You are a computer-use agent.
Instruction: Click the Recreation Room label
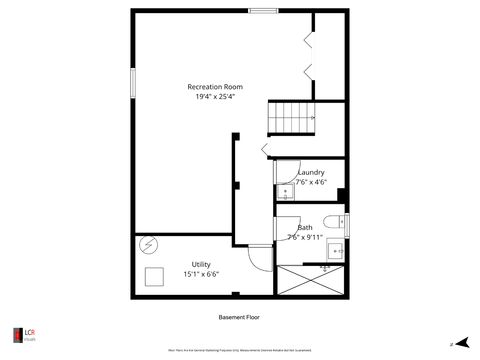pyautogui.click(x=215, y=87)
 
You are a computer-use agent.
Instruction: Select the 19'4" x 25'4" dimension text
pyautogui.click(x=215, y=97)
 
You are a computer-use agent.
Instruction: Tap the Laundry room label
pyautogui.click(x=311, y=172)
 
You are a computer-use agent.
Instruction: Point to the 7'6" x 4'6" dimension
pyautogui.click(x=311, y=182)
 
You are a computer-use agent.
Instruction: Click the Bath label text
pyautogui.click(x=305, y=227)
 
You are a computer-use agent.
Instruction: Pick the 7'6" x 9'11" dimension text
pyautogui.click(x=305, y=237)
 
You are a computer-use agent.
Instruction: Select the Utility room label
pyautogui.click(x=201, y=264)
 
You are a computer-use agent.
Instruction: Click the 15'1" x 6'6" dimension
pyautogui.click(x=201, y=274)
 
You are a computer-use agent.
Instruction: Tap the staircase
pyautogui.click(x=291, y=118)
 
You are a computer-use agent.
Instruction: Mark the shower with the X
pyautogui.click(x=310, y=281)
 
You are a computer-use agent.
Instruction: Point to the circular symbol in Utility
pyautogui.click(x=149, y=243)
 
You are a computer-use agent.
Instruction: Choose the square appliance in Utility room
pyautogui.click(x=155, y=277)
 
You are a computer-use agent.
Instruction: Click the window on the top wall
pyautogui.click(x=263, y=11)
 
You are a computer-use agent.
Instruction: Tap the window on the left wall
pyautogui.click(x=131, y=83)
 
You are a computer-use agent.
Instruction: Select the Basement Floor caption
pyautogui.click(x=239, y=317)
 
